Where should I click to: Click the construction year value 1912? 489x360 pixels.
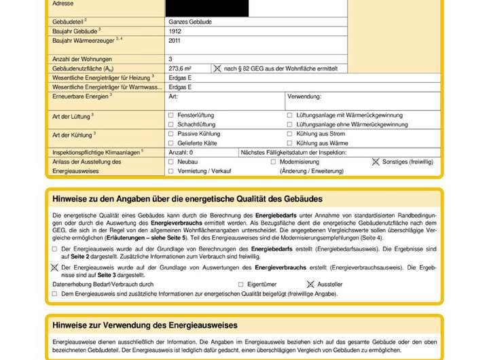point(175,31)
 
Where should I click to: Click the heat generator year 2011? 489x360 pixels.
point(175,41)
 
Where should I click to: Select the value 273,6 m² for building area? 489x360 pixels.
point(180,69)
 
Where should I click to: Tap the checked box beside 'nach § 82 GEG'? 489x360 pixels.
point(217,69)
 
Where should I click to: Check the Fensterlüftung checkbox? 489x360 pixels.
point(171,115)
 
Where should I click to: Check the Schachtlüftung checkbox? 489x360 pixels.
point(171,125)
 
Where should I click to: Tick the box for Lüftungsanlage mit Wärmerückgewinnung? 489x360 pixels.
point(290,115)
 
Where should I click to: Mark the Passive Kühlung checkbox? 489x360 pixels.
point(171,134)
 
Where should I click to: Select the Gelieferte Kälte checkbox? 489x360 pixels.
point(171,144)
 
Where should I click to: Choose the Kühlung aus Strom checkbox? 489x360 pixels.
point(290,134)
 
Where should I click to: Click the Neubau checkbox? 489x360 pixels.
point(171,162)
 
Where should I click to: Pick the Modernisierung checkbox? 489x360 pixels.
point(274,162)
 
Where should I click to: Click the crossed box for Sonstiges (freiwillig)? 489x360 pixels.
point(376,162)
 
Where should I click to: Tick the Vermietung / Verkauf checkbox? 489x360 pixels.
point(171,172)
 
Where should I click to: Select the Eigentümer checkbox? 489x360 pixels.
point(241,285)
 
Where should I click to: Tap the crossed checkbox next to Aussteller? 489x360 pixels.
point(310,285)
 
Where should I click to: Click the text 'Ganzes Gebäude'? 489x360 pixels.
point(190,22)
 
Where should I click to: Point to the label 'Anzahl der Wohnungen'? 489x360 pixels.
point(82,59)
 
